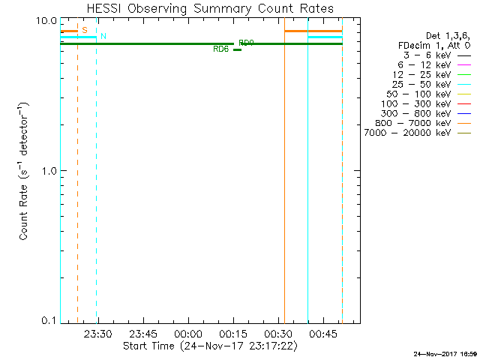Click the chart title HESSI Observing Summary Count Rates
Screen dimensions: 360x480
click(210, 9)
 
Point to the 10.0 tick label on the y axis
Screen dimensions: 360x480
click(47, 20)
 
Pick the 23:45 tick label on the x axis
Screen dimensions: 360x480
click(142, 334)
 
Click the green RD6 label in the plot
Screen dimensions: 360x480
click(221, 49)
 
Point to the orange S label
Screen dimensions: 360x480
click(85, 31)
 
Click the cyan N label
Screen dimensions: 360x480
click(103, 37)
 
